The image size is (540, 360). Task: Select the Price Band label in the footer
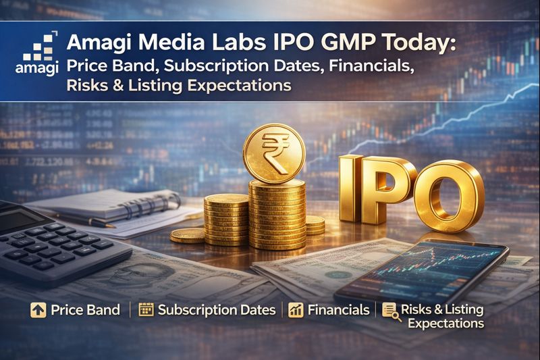tap(85, 310)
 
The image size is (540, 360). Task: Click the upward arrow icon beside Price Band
tap(38, 310)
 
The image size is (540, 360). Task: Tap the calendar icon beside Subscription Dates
tap(145, 310)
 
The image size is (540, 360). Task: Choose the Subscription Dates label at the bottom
tap(216, 310)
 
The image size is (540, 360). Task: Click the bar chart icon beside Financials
tap(295, 310)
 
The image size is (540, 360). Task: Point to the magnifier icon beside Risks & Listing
tap(389, 310)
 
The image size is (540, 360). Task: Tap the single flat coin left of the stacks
tap(188, 235)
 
